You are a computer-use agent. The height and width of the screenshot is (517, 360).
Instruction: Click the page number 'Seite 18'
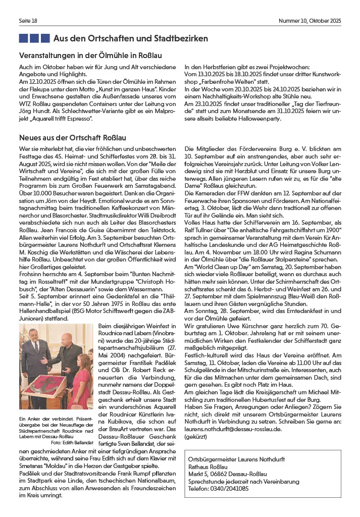[x=28, y=21]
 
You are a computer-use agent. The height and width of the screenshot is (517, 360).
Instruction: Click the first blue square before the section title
[x=23, y=38]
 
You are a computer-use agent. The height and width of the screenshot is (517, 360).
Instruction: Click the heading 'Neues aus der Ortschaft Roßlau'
[x=72, y=137]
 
